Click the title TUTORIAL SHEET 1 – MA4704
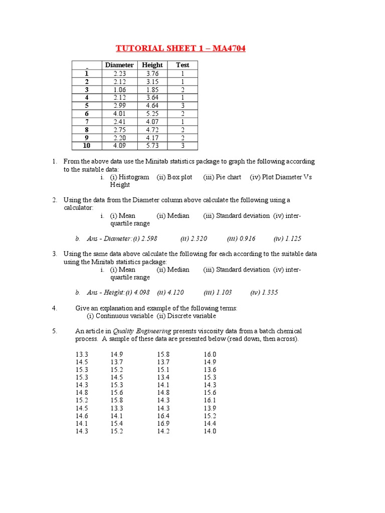(181, 48)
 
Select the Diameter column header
(119, 65)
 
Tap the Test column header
(182, 65)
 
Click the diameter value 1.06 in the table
(120, 90)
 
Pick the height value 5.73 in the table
(152, 146)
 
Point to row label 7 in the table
(87, 122)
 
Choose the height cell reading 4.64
(152, 106)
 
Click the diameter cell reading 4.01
(120, 114)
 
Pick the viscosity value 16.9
(163, 423)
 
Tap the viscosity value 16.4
(163, 416)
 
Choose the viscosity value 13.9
(210, 408)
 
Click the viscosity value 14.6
(82, 416)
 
